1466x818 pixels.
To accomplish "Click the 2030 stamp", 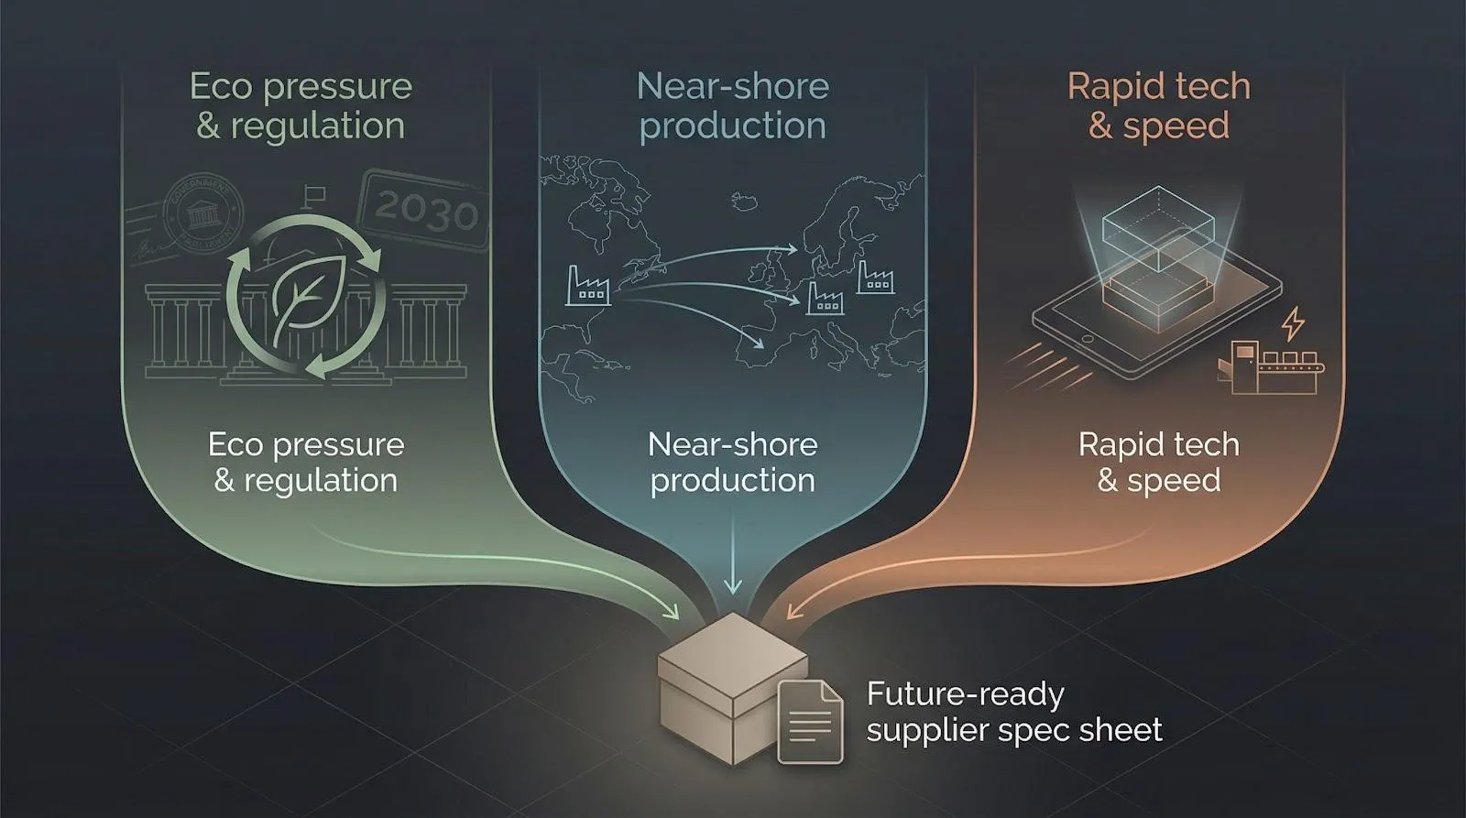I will (424, 212).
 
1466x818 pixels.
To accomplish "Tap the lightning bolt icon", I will (1293, 324).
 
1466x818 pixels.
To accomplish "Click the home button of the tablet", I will (1089, 338).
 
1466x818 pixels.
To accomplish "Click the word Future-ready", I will (965, 693).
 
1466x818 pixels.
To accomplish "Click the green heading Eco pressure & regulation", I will (301, 105).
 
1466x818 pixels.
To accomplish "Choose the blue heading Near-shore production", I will (732, 105).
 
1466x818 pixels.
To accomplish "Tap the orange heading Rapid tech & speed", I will (1159, 105).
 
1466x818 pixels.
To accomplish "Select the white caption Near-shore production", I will (732, 462).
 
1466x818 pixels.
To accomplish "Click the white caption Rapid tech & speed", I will (1159, 462).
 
